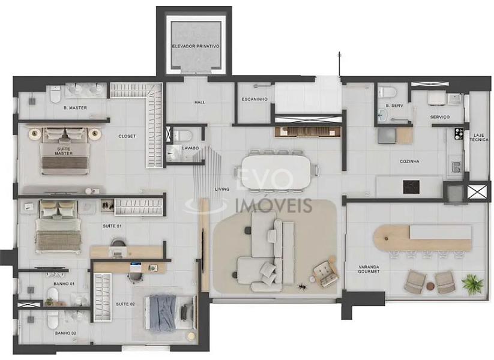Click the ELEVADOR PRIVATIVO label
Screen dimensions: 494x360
point(195,46)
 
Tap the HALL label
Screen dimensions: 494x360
point(200,102)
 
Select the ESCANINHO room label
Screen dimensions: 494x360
point(255,99)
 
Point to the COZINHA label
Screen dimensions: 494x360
point(409,161)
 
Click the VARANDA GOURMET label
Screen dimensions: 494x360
point(369,269)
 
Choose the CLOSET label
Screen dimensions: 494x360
point(127,136)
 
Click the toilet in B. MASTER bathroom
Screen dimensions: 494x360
point(55,94)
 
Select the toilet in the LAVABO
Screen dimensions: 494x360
point(182,136)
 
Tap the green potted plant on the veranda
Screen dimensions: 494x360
point(472,283)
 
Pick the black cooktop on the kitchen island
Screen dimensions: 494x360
point(411,187)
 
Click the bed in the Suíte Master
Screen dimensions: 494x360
point(65,151)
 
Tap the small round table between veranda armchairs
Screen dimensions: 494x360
point(430,286)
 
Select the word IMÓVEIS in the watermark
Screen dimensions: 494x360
point(274,205)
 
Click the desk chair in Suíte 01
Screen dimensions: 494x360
point(118,246)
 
